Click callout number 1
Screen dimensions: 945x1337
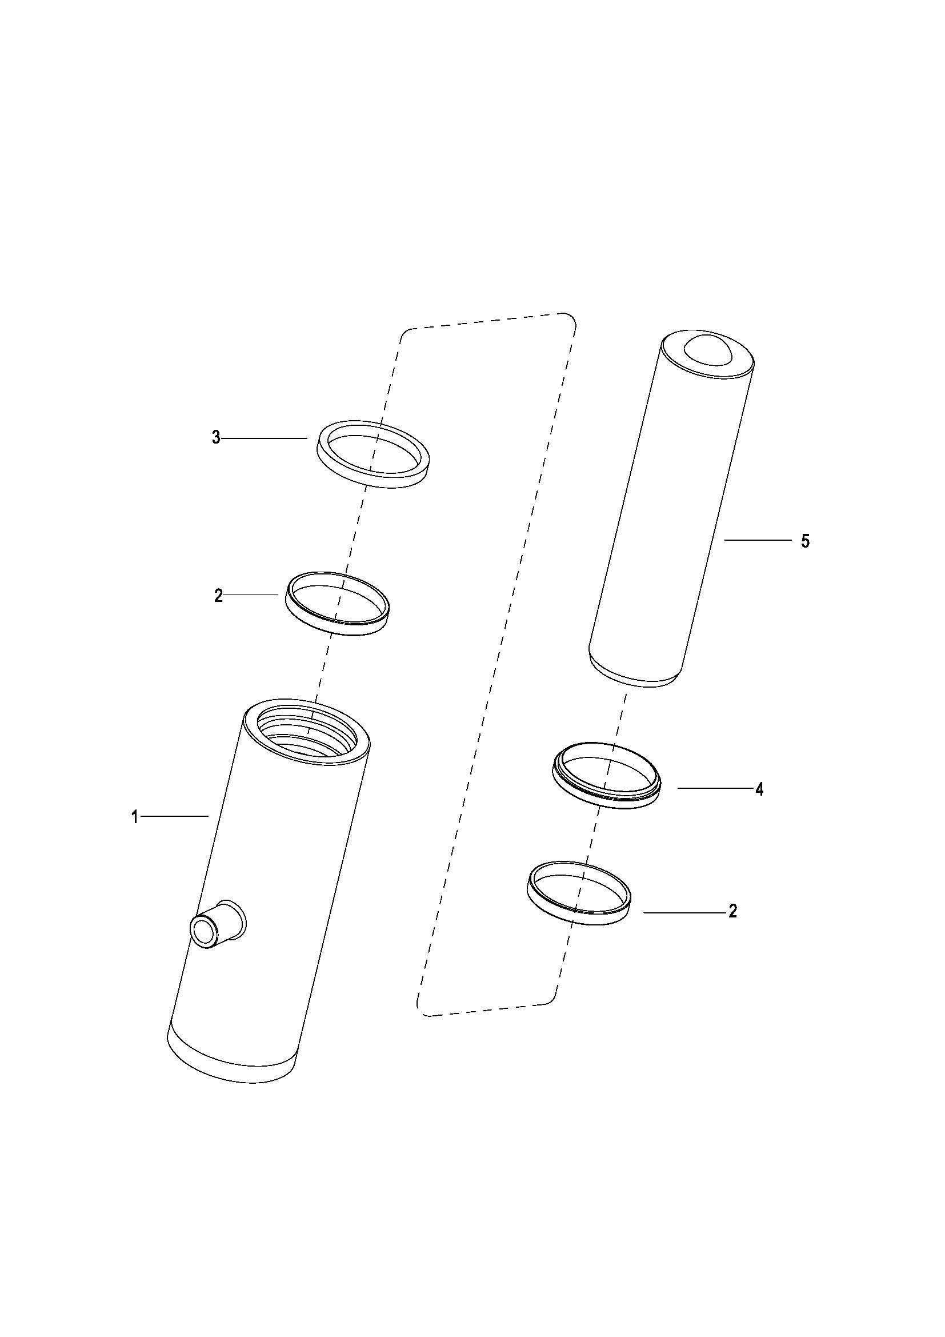click(135, 817)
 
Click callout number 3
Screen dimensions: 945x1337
click(216, 438)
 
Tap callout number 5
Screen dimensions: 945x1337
click(806, 541)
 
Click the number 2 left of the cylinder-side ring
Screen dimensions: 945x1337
click(218, 596)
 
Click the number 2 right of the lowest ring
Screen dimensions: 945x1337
click(732, 911)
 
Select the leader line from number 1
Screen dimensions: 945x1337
click(175, 817)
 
